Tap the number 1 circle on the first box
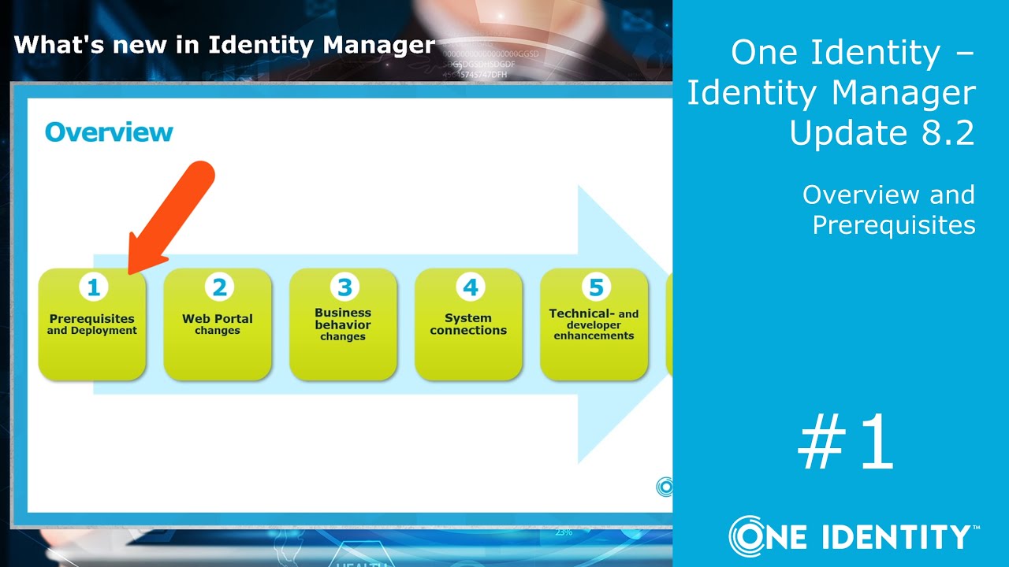coord(93,287)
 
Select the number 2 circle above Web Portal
coord(218,287)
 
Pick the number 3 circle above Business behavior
coord(344,287)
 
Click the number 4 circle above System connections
coord(470,287)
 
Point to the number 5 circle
coord(594,287)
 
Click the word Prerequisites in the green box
coord(91,319)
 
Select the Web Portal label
coord(218,319)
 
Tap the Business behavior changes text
coord(343,324)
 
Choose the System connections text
coord(468,324)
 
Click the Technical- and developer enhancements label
coord(594,324)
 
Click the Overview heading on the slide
coord(109,132)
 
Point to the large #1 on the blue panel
coord(846,444)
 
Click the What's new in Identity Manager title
coord(225,44)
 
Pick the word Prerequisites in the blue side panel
coord(894,225)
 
